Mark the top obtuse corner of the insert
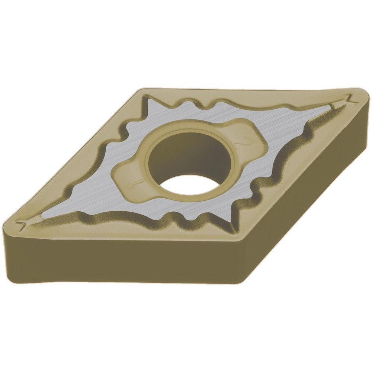143,90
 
